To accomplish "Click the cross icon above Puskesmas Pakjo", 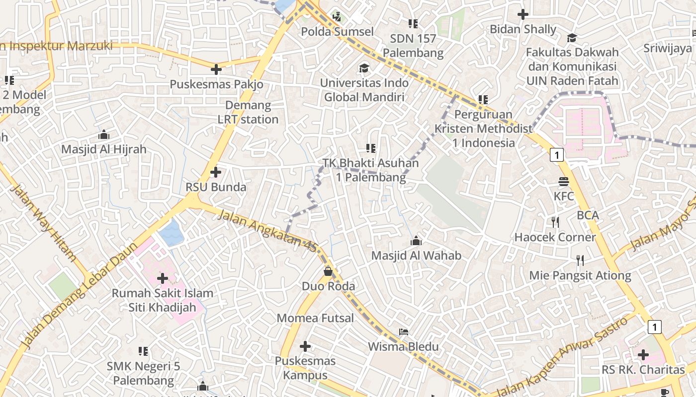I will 216,69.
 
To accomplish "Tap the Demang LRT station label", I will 248,112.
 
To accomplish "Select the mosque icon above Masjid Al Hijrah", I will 103,134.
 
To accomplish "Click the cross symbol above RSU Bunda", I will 216,172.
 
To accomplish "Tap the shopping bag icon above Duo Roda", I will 328,271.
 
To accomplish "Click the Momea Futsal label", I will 315,318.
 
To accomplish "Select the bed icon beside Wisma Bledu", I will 404,331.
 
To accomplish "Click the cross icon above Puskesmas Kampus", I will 305,346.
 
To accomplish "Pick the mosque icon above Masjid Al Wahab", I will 416,241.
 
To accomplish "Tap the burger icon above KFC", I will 563,182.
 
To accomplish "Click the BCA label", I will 588,215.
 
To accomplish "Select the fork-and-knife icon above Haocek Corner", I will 555,222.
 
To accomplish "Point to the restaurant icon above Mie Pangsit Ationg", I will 580,260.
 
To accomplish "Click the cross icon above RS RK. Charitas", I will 643,355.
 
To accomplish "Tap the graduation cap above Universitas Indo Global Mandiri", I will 364,68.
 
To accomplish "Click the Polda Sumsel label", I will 337,32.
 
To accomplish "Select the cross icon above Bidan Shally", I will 522,14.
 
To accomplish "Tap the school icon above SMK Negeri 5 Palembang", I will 143,351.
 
